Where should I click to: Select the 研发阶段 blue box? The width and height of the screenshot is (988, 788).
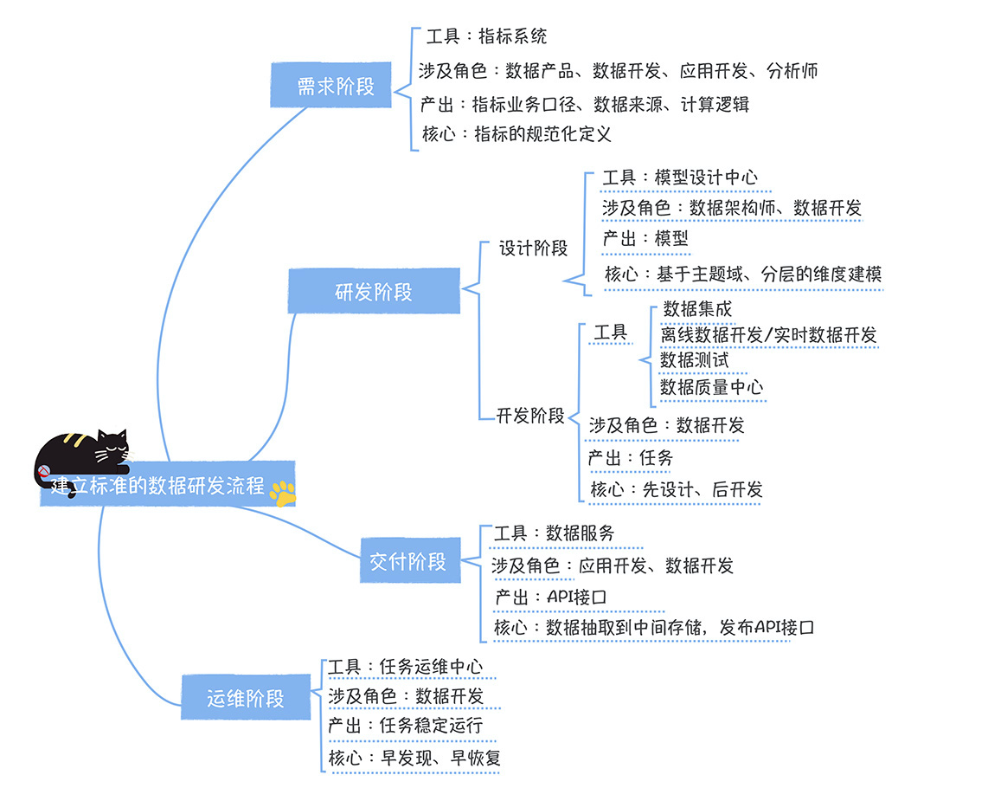[373, 292]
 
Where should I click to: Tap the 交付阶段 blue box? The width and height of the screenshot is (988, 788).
[408, 561]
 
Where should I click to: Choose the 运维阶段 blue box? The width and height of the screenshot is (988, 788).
[246, 698]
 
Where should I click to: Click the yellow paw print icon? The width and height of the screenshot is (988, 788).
[282, 493]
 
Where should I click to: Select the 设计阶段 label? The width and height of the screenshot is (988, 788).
[533, 248]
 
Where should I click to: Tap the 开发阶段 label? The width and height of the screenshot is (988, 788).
[529, 415]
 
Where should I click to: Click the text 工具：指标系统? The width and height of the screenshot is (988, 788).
[486, 36]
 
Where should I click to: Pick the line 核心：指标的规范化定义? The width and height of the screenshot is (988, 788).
[516, 134]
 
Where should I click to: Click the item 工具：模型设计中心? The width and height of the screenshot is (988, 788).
[680, 178]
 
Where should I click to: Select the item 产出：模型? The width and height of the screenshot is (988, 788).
[645, 238]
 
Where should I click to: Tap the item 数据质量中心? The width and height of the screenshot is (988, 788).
[711, 387]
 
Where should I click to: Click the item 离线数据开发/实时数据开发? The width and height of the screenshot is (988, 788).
[768, 334]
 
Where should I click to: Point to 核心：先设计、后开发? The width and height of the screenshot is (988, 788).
[676, 489]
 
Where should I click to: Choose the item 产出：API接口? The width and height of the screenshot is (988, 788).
[550, 597]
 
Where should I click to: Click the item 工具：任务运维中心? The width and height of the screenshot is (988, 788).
[405, 667]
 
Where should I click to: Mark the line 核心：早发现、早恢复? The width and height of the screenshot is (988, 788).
[414, 758]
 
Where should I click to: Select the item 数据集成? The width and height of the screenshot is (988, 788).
[697, 308]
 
